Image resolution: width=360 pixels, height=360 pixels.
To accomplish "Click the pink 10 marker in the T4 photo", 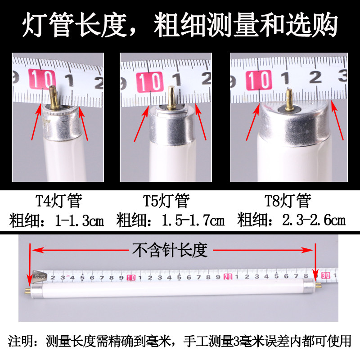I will [x=41, y=79].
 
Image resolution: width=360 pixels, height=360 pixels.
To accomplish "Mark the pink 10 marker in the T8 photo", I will [x=260, y=80].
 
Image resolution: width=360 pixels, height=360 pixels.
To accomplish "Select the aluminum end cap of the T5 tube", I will [x=172, y=124].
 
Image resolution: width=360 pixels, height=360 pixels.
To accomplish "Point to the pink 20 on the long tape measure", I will [x=227, y=276].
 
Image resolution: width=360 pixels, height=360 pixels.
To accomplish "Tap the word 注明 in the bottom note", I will [x=21, y=341].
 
